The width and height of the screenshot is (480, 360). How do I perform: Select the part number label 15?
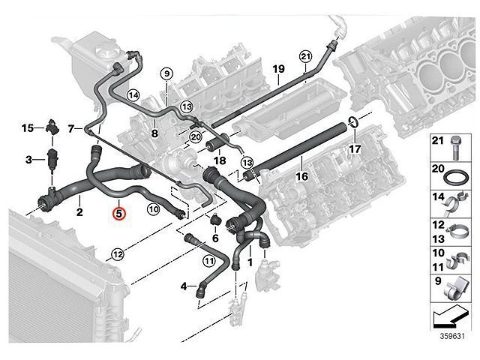point(27,128)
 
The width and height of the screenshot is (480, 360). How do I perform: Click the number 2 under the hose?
point(79,213)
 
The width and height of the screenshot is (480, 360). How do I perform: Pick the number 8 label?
point(153,133)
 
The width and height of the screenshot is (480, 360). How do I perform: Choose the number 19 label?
point(278,70)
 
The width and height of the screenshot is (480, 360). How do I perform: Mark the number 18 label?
point(220,160)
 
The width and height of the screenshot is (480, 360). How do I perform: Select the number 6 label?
point(215,238)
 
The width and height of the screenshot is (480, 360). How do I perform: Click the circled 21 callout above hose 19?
point(304,56)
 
